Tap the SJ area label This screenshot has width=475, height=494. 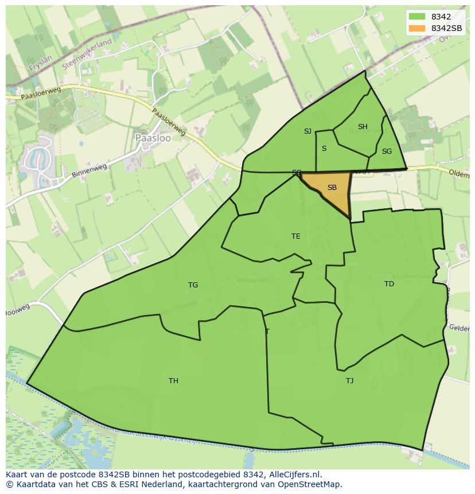click(307, 131)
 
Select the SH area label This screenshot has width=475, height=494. click(363, 127)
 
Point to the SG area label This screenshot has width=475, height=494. click(387, 151)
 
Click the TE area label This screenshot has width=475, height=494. click(296, 236)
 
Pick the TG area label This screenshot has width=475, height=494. click(193, 285)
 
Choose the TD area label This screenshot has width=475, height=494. click(389, 284)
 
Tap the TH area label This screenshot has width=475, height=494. click(173, 381)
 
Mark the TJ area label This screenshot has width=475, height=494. click(349, 381)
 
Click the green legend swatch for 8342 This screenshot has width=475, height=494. click(417, 17)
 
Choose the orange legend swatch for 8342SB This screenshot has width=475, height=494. click(417, 28)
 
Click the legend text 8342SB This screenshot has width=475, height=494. click(447, 28)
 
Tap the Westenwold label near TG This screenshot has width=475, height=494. click(255, 279)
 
